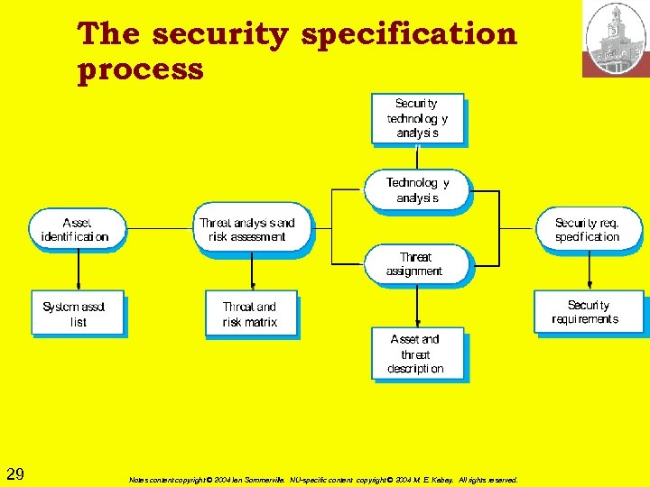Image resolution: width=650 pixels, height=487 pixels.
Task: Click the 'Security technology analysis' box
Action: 417,118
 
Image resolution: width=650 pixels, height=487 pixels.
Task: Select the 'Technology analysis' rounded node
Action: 416,189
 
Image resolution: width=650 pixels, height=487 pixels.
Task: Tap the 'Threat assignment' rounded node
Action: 416,263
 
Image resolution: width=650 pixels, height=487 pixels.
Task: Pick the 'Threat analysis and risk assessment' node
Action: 251,230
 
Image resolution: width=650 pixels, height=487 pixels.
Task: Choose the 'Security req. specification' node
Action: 588,230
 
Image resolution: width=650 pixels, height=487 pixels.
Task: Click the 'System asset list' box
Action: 76,313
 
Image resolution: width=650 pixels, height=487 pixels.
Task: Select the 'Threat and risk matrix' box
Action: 250,314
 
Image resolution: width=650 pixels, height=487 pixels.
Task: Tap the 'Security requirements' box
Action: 588,312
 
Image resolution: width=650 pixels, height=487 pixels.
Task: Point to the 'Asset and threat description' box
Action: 417,354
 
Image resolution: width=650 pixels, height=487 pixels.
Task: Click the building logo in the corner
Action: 616,38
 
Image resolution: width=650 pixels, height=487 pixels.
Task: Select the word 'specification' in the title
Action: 410,34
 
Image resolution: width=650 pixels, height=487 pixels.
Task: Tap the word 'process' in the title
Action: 141,69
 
